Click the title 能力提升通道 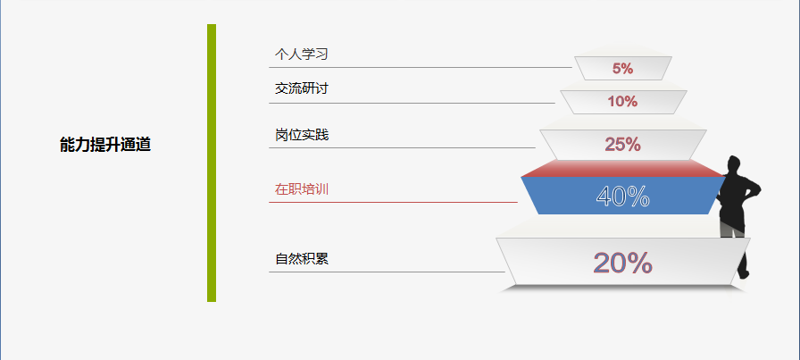coord(105,145)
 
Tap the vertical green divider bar coord(212,163)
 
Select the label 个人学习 coord(301,54)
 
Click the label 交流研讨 coord(301,88)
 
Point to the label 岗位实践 coord(302,135)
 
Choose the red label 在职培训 coord(302,189)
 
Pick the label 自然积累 coord(302,259)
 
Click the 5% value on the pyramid coord(623,69)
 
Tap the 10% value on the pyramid coord(622,102)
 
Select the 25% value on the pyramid coord(623,145)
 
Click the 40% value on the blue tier coord(623,197)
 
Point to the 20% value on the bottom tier coord(623,263)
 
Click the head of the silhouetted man coord(734,164)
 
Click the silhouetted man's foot coord(745,275)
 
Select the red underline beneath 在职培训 coord(393,202)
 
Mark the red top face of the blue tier coord(623,168)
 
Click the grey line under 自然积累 coord(387,272)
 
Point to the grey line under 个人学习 coord(421,67)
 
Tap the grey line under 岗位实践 coord(402,147)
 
